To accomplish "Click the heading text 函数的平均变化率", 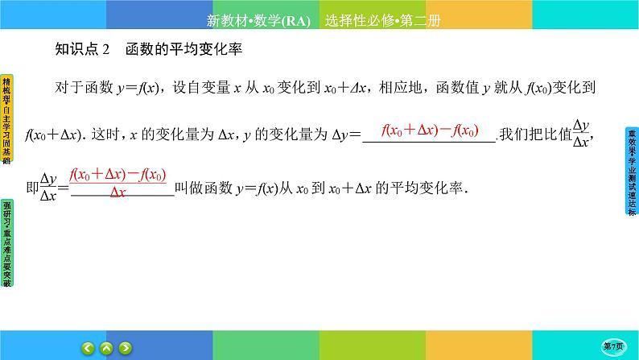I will pos(184,49).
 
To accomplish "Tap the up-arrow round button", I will pos(106,347).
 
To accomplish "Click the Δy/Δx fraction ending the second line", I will pos(580,134).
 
